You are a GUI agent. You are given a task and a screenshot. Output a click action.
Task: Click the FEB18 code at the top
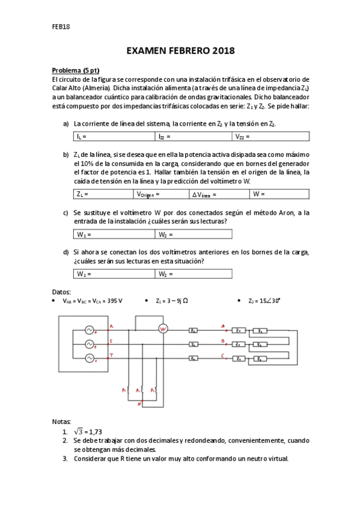[61, 26]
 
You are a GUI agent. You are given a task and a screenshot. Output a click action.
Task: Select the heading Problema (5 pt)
[75, 70]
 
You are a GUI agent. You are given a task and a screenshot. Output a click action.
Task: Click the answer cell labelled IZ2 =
[194, 137]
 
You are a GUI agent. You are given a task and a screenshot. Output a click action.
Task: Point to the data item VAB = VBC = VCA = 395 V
[92, 300]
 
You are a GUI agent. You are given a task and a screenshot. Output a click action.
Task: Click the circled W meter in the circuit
[161, 329]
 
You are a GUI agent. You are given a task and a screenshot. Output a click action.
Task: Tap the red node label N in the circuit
[139, 404]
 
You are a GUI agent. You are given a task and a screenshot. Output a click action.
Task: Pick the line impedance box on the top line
[194, 330]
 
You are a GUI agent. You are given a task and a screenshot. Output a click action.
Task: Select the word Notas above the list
[62, 421]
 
